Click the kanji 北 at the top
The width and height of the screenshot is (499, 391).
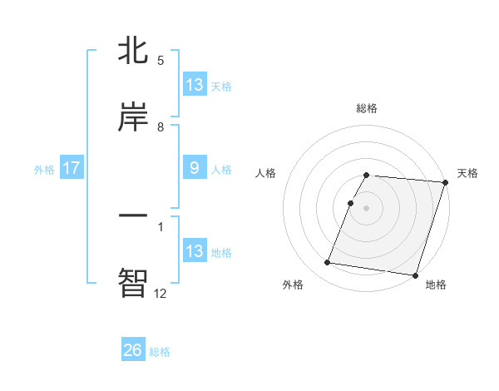click(133, 51)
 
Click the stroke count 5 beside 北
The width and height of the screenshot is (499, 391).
click(161, 61)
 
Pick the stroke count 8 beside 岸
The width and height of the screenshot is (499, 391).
click(161, 127)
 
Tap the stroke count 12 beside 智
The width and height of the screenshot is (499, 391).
click(160, 293)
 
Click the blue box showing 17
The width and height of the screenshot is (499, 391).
click(72, 168)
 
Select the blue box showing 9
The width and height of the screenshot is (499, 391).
click(194, 168)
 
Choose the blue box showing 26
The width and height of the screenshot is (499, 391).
click(132, 350)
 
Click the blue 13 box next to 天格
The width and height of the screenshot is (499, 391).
click(194, 85)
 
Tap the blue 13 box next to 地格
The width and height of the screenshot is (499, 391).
click(194, 251)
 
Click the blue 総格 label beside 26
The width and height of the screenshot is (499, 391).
click(160, 352)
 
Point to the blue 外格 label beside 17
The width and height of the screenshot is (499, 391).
click(44, 169)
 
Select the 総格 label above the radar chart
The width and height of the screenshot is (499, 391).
click(367, 108)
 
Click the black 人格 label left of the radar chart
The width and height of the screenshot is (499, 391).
click(267, 173)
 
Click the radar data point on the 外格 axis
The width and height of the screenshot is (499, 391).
click(328, 263)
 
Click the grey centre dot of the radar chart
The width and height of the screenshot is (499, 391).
click(367, 207)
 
